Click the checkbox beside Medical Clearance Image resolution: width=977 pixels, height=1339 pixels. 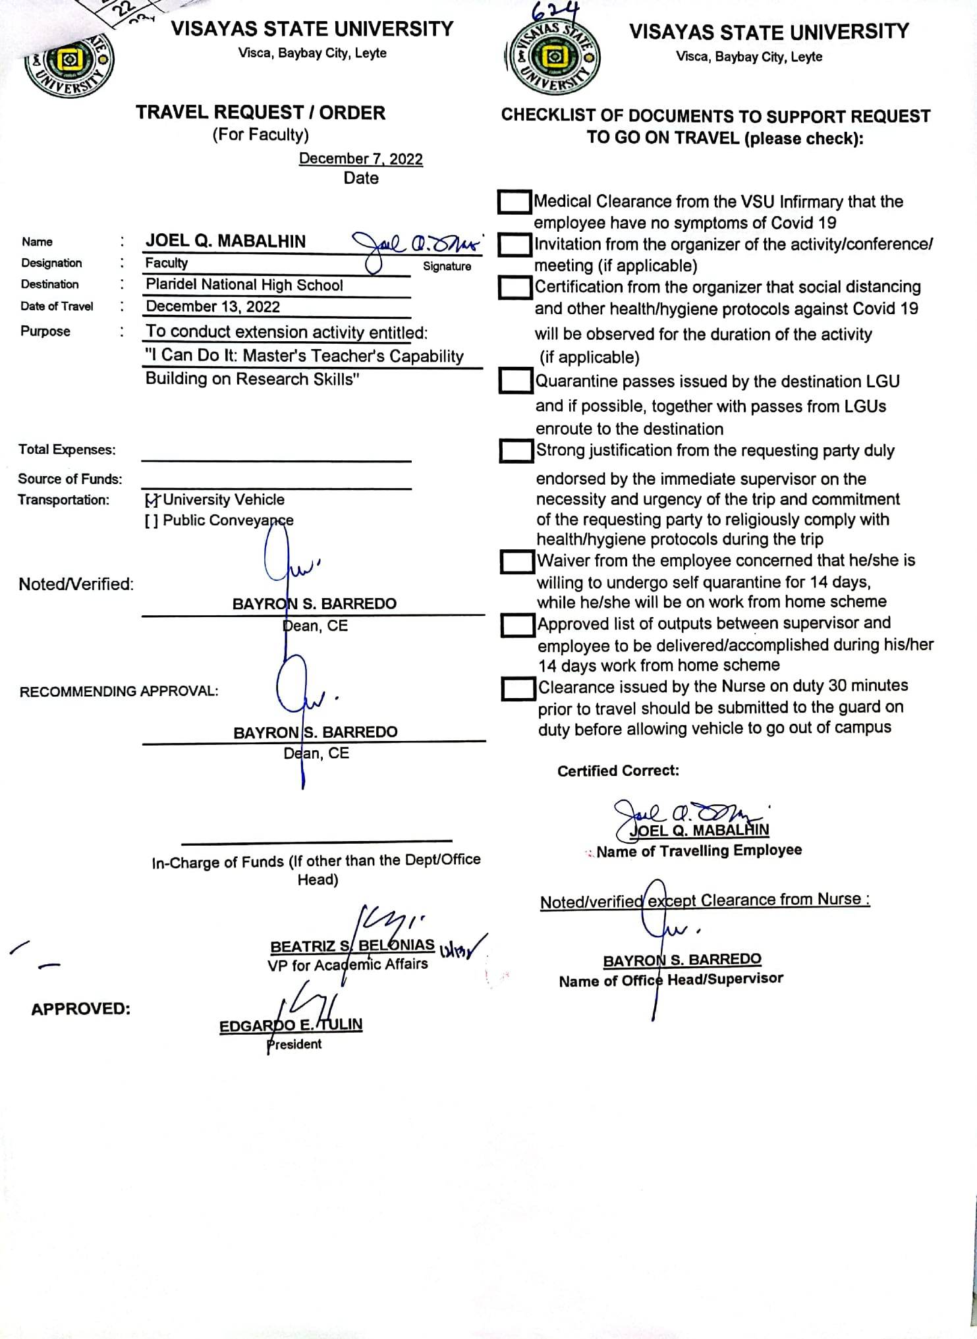(x=515, y=202)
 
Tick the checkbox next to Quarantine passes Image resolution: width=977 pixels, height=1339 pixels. (x=516, y=381)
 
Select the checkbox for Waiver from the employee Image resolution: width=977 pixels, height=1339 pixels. (x=517, y=562)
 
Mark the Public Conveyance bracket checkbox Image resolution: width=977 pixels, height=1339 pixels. (x=151, y=521)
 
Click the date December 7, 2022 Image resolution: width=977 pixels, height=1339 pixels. (x=360, y=159)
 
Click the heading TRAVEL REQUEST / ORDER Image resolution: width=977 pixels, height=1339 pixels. (x=260, y=113)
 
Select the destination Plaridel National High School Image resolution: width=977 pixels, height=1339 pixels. (x=244, y=285)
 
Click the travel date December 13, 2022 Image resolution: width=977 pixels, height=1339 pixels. (x=212, y=307)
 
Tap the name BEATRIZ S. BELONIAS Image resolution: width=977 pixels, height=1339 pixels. (x=352, y=946)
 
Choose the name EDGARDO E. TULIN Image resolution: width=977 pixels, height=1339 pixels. (x=291, y=1025)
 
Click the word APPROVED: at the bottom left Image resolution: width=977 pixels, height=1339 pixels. (x=80, y=1009)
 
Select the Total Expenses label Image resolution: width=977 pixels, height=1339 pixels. (x=67, y=450)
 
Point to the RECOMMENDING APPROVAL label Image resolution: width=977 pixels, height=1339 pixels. (x=119, y=692)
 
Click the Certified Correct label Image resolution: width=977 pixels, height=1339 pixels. (x=617, y=771)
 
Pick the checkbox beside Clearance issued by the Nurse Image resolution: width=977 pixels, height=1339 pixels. (x=518, y=689)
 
